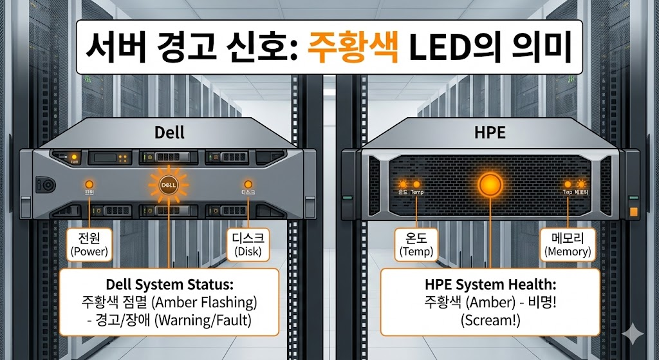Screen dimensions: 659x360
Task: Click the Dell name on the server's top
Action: [169, 133]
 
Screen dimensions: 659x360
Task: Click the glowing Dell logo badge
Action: [169, 185]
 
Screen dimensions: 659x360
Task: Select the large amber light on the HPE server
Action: [490, 184]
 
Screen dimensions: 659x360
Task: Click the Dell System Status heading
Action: [169, 284]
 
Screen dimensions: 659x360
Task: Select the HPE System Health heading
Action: [490, 284]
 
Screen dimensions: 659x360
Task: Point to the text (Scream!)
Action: [490, 319]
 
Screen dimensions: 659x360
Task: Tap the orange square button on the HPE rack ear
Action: [634, 211]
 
